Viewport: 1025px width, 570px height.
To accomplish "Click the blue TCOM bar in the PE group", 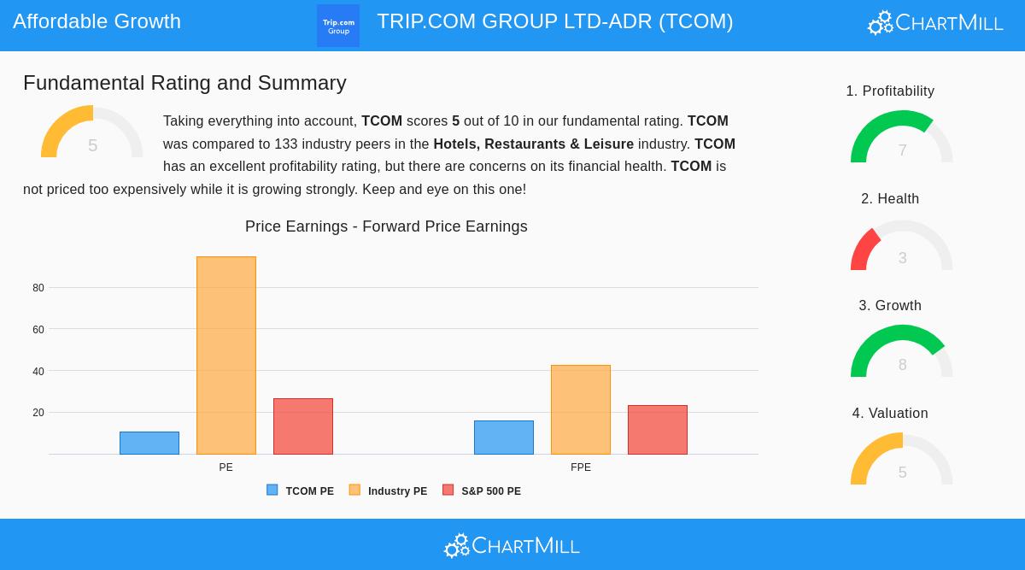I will coord(149,443).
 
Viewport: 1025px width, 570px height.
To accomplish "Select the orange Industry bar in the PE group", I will coord(226,356).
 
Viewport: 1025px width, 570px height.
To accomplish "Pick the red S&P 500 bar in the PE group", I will coord(303,426).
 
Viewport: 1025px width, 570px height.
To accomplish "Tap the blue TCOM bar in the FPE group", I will coord(504,438).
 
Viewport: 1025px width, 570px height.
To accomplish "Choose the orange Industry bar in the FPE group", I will coord(581,409).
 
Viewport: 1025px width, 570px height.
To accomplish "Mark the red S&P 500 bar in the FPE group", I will coord(658,430).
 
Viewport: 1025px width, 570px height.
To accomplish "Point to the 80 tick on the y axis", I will coord(38,288).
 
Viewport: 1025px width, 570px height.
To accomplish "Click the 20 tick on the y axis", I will coord(38,413).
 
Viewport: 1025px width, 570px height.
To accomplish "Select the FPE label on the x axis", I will coord(581,467).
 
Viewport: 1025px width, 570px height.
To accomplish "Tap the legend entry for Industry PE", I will coord(389,491).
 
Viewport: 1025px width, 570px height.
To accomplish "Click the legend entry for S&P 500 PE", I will coord(482,491).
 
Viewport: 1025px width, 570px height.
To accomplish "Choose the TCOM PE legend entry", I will coord(301,491).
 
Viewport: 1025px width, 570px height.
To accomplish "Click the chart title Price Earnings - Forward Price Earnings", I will coord(386,226).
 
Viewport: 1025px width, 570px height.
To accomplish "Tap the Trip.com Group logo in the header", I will coord(338,26).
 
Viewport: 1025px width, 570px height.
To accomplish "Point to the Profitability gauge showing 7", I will coord(901,138).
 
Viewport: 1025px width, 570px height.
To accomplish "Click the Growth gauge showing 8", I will coord(901,353).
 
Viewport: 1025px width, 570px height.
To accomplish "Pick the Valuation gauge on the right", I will coord(901,461).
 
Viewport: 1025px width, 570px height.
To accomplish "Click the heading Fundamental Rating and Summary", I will coord(184,83).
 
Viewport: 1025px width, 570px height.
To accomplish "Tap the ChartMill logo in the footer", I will coord(512,545).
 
